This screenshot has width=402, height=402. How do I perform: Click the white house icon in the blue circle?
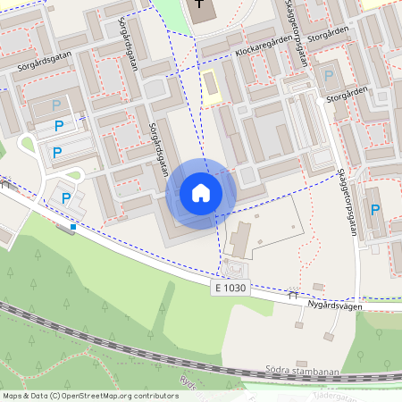(x=201, y=193)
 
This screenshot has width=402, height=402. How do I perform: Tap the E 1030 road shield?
(x=230, y=289)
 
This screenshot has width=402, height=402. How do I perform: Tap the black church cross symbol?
(x=198, y=8)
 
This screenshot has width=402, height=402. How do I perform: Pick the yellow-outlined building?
(x=211, y=88)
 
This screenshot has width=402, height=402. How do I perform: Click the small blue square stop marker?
(x=73, y=227)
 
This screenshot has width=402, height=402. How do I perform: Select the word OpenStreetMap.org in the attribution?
(x=99, y=395)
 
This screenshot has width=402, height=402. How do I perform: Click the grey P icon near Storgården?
(x=328, y=77)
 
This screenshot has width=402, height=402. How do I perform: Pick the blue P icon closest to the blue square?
(x=64, y=196)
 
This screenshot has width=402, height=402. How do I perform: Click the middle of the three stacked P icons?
(x=57, y=130)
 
